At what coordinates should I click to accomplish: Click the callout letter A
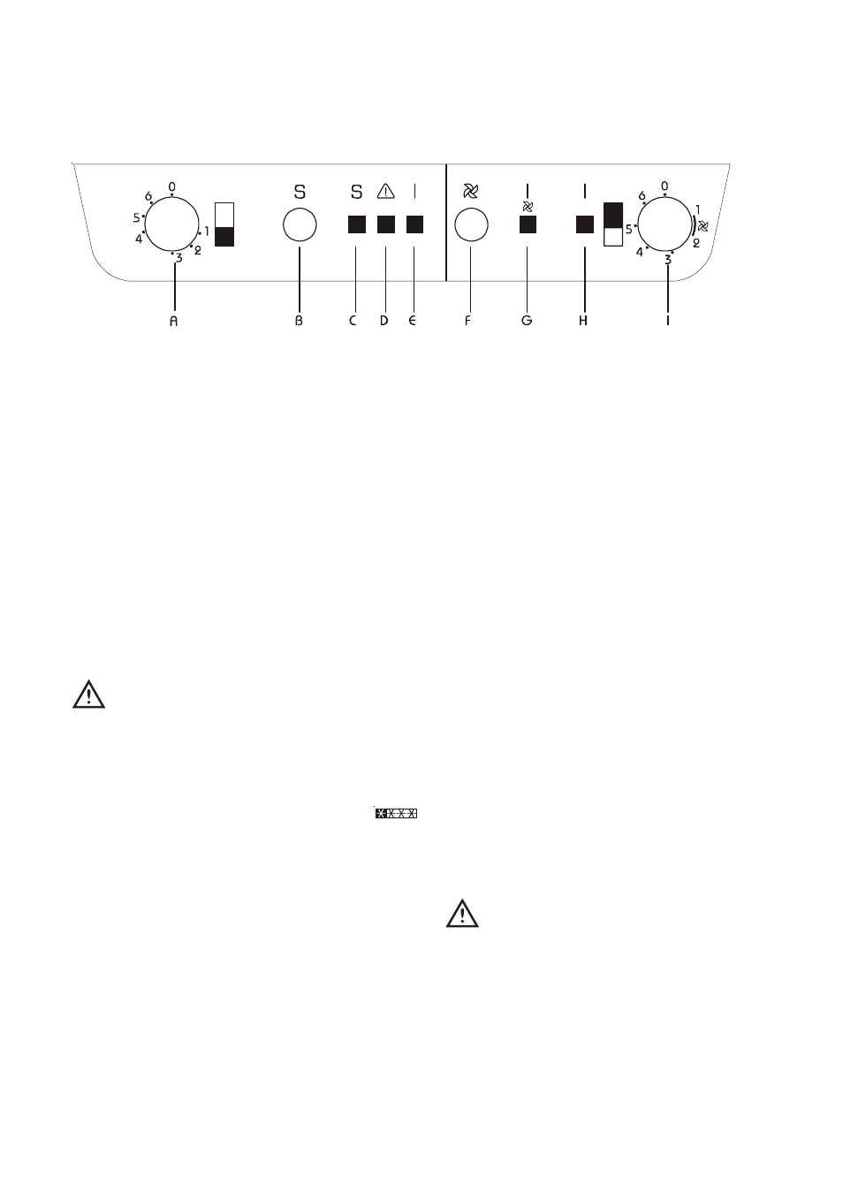coord(173,321)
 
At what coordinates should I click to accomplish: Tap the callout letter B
coord(299,321)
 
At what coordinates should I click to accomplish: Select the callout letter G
coord(527,321)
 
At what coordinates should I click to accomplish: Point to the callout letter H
coord(584,321)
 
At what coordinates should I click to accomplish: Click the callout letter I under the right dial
coord(668,321)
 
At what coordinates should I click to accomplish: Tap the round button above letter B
coord(300,225)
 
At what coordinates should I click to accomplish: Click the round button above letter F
coord(471,225)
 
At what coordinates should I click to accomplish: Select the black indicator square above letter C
coord(357,224)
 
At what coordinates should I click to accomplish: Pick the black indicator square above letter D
coord(386,224)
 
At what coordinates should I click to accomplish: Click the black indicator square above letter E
coord(414,224)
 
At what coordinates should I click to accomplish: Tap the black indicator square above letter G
coord(528,224)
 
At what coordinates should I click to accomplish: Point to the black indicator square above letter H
coord(585,224)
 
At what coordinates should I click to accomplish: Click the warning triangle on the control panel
coord(386,191)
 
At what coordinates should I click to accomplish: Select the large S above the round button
coord(300,192)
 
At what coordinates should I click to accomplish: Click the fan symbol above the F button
coord(471,191)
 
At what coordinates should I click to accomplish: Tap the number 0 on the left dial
coord(171,187)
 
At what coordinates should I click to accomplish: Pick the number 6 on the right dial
coord(642,196)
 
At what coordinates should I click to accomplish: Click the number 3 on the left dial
coord(178,259)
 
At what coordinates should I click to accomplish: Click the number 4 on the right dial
coord(639,253)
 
